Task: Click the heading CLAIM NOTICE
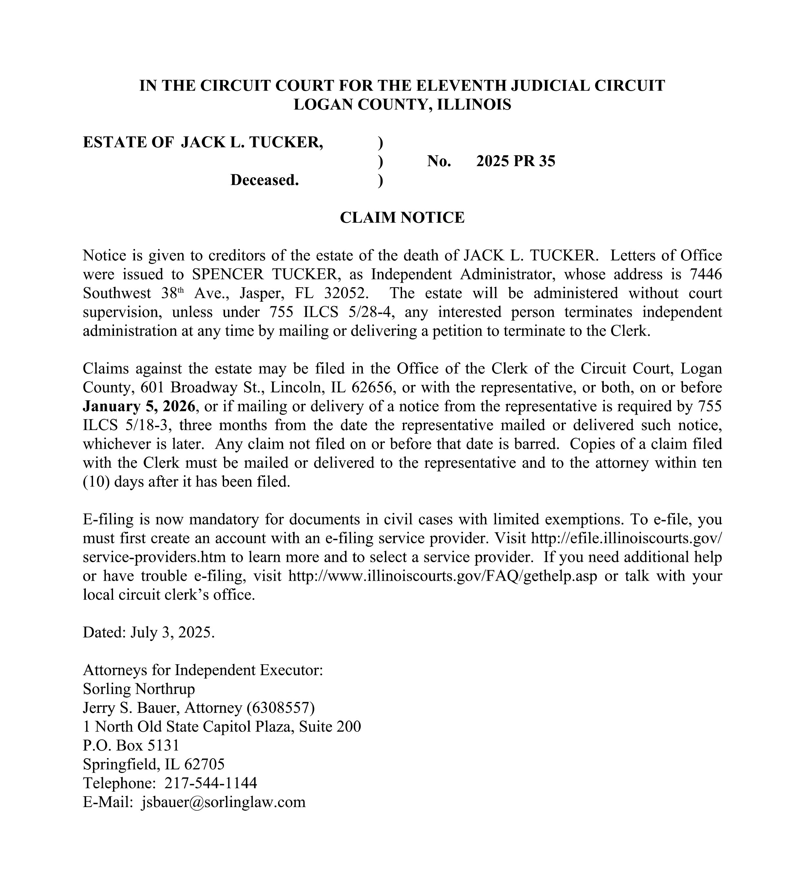[402, 217]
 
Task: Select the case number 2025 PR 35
[515, 161]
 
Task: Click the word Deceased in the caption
[264, 180]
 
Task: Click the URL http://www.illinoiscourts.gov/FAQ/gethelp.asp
[443, 576]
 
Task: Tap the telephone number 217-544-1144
[210, 783]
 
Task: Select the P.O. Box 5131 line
[131, 745]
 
